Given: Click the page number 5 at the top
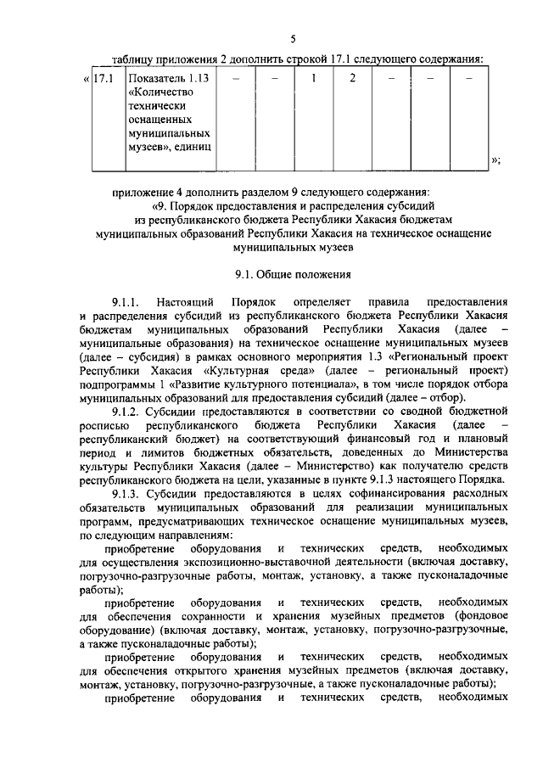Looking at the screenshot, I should [x=293, y=39].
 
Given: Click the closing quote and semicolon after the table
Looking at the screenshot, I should [x=496, y=160].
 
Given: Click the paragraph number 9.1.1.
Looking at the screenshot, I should [x=127, y=302].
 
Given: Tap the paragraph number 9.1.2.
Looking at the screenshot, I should [x=127, y=411].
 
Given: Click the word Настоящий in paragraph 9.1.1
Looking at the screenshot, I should [x=192, y=302].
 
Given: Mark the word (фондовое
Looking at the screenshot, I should [x=479, y=614].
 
